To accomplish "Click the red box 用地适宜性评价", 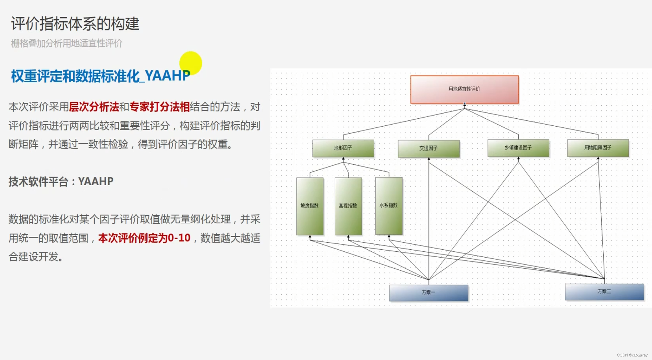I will pos(464,89).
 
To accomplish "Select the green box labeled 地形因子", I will pos(343,148).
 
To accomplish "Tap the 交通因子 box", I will pos(428,148).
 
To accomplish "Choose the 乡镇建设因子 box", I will pos(518,148).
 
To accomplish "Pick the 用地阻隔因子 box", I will pos(598,148).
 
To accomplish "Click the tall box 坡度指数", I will pos(310,206).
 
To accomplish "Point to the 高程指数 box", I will pos(348,206).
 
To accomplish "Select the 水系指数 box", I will pos(388,206).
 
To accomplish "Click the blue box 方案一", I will pos(428,292).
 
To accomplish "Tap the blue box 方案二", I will pos(604,292).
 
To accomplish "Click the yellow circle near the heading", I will pos(191,63).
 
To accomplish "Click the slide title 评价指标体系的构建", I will pos(75,24).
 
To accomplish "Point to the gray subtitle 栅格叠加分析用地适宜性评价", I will pos(67,43).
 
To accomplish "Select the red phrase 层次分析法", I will pos(94,107).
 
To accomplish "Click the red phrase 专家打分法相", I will pos(159,107).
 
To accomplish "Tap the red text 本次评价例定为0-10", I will pos(144,238).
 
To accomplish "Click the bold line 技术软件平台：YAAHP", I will pos(61,181).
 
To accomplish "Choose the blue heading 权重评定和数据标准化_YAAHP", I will pos(100,76).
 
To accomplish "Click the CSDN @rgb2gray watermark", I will pos(632,355).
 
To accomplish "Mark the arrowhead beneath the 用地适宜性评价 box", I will pos(464,105).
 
